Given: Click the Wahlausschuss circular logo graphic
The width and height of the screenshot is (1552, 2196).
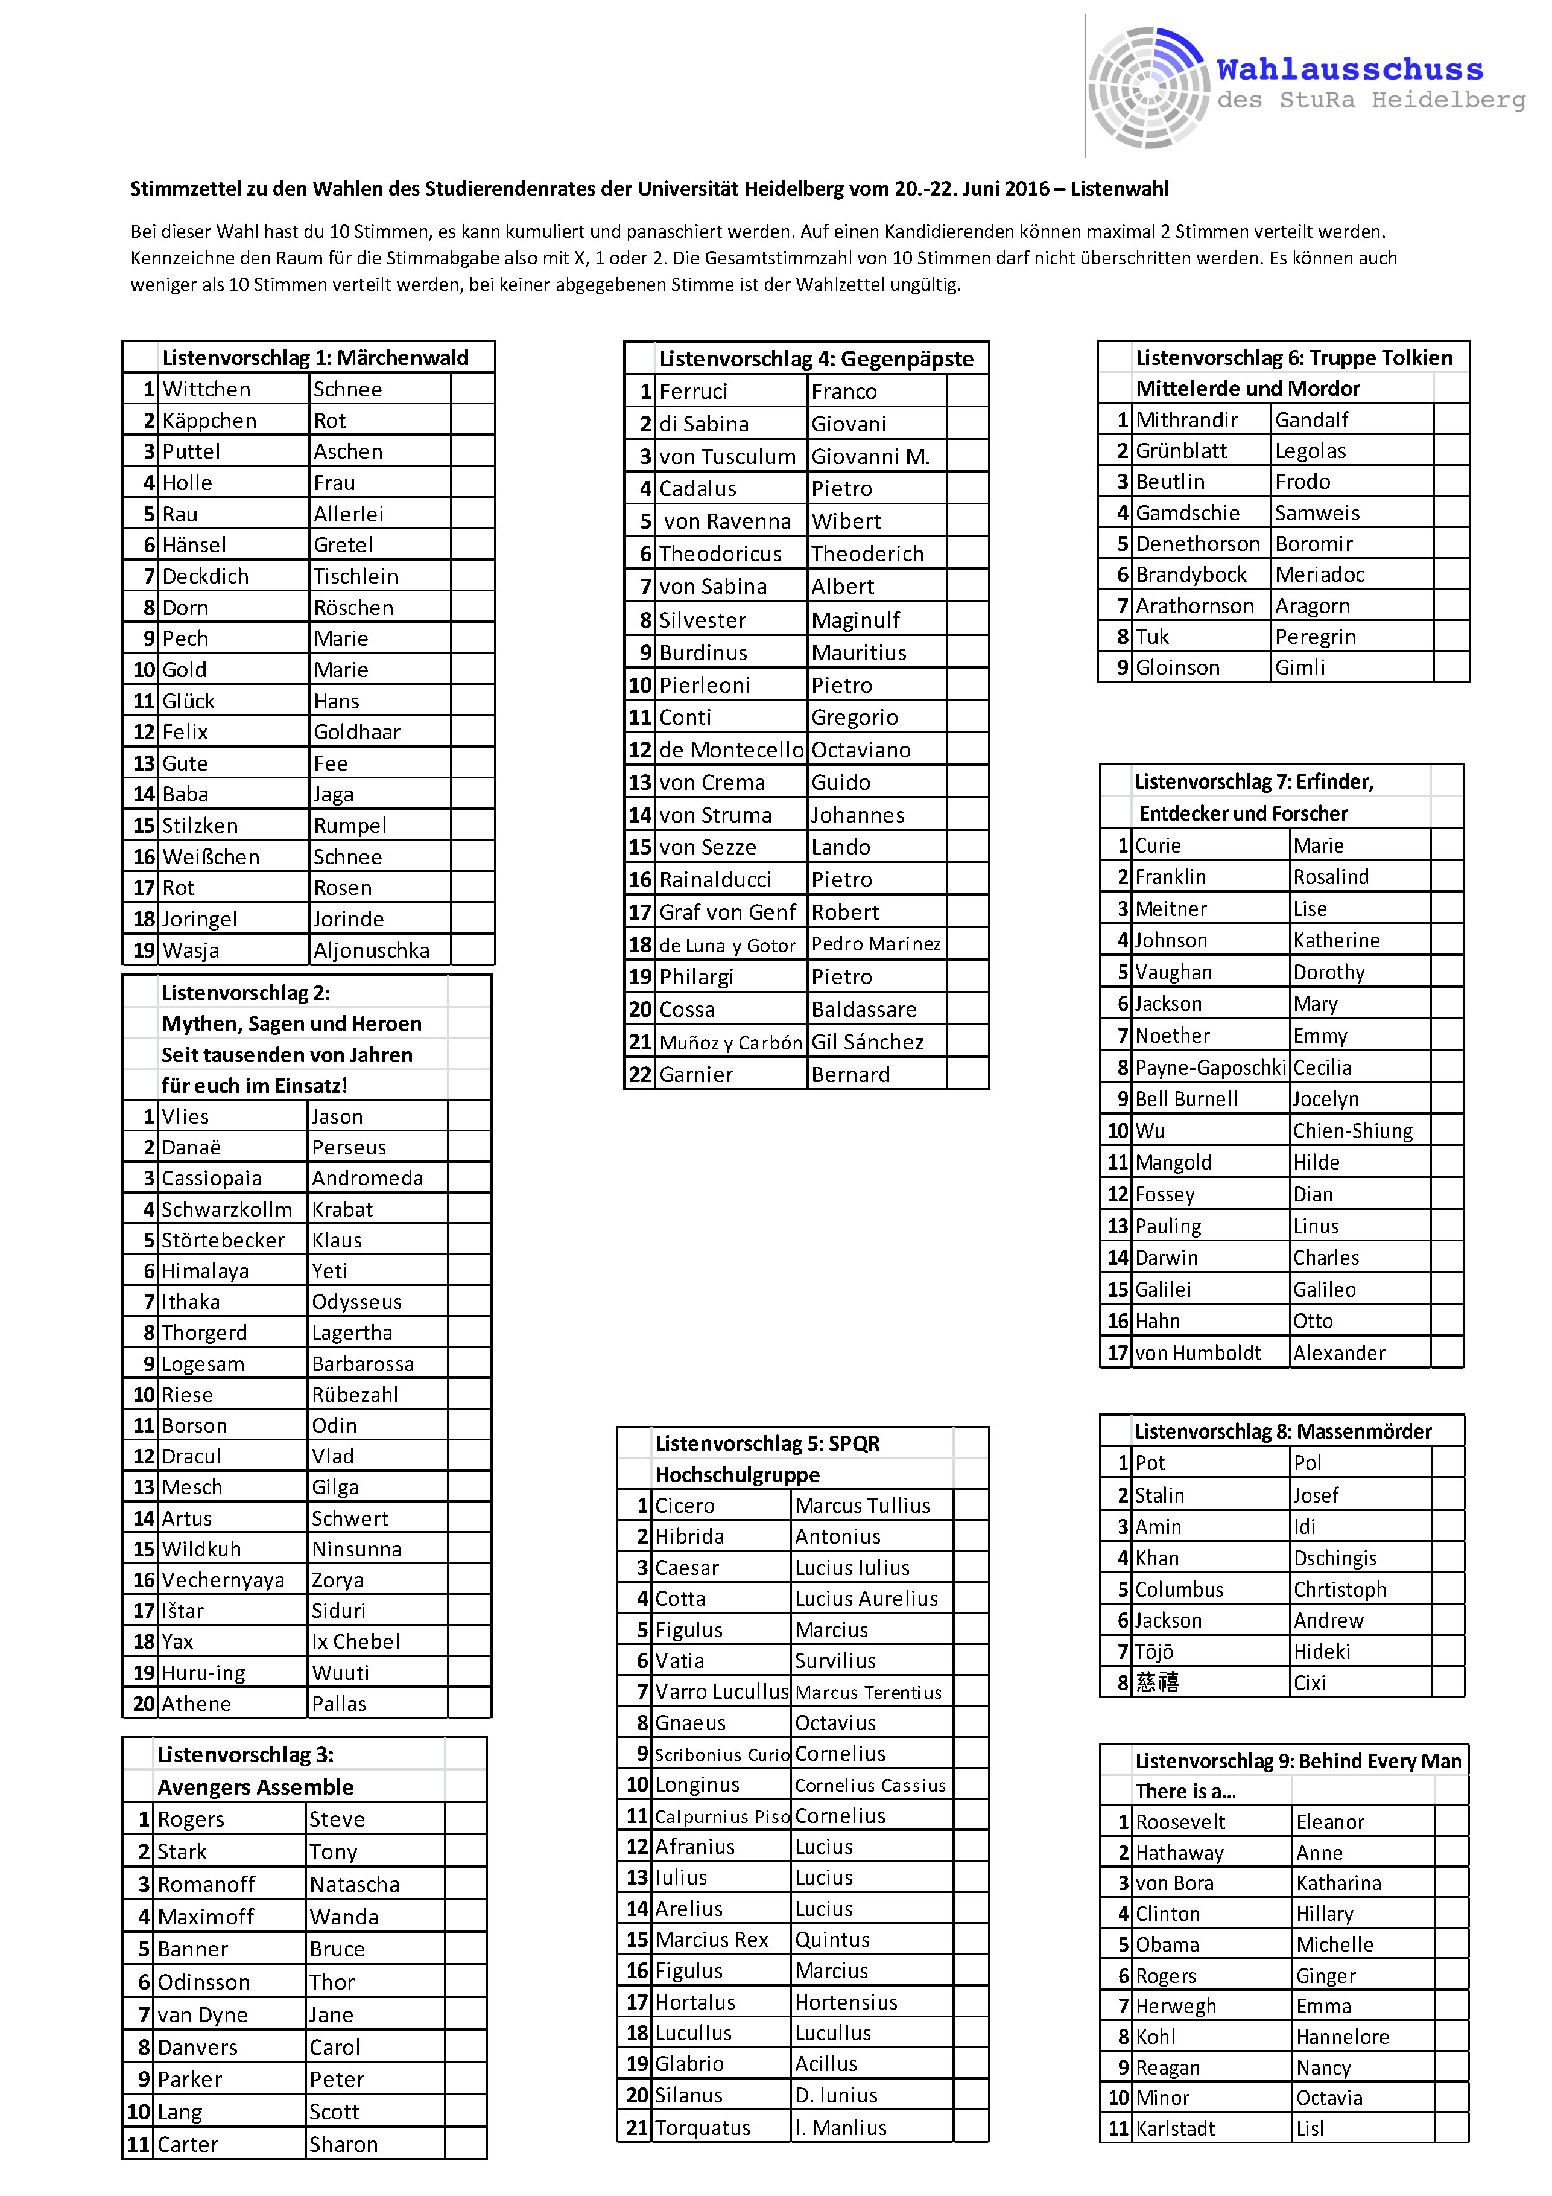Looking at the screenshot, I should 1147,88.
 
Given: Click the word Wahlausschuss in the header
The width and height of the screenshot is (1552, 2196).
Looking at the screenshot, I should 1349,70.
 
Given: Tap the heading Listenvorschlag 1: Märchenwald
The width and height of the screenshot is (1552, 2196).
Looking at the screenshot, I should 315,358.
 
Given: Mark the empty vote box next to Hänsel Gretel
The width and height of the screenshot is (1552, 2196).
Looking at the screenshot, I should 472,545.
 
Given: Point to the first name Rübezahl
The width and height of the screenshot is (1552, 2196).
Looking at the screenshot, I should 355,1395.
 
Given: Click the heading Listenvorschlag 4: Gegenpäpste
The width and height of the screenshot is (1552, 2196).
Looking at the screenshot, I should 816,358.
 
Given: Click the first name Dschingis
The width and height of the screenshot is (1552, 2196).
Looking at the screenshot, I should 1335,1559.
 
